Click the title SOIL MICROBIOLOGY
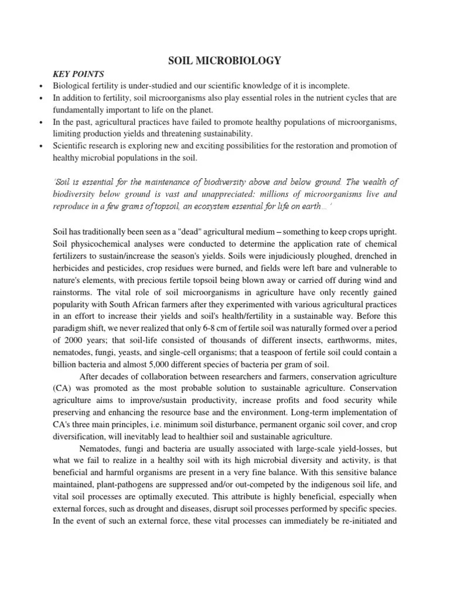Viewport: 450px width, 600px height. click(x=225, y=60)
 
